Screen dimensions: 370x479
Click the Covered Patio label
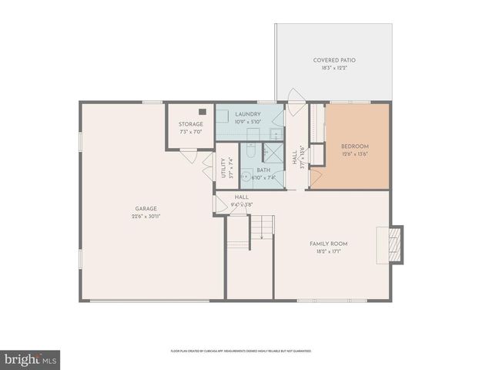coord(334,60)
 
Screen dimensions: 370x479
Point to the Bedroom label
coord(355,146)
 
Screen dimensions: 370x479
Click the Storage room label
coord(191,124)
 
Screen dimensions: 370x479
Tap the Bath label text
coord(263,170)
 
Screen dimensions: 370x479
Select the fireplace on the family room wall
coord(394,244)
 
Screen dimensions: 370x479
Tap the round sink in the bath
coord(246,177)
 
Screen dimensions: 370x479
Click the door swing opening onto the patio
coord(295,96)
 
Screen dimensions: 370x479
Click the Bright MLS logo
coord(30,359)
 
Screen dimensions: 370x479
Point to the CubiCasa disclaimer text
coord(240,351)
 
